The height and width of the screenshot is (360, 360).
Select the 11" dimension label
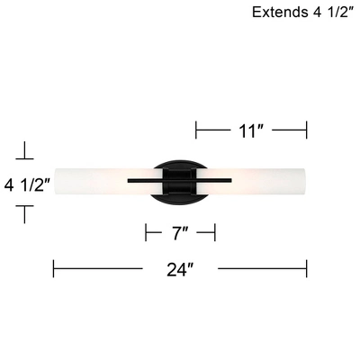pos(251,130)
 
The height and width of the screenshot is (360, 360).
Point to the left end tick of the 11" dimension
pos(196,130)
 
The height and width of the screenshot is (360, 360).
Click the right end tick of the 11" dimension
pos(307,130)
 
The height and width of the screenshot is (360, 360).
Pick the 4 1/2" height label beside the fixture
pos(27,186)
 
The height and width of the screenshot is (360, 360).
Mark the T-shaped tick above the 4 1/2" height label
pos(27,150)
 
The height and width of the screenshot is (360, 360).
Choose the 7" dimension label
pos(180,234)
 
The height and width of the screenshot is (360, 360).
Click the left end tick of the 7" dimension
pos(146,234)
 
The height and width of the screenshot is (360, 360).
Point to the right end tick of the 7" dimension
pos(215,234)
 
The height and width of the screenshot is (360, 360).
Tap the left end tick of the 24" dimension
pos(54,268)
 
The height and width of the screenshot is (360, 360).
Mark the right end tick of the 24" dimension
pos(307,268)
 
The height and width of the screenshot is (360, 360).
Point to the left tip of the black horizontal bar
pos(129,181)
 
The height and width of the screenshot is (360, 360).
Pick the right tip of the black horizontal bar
pos(231,181)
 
